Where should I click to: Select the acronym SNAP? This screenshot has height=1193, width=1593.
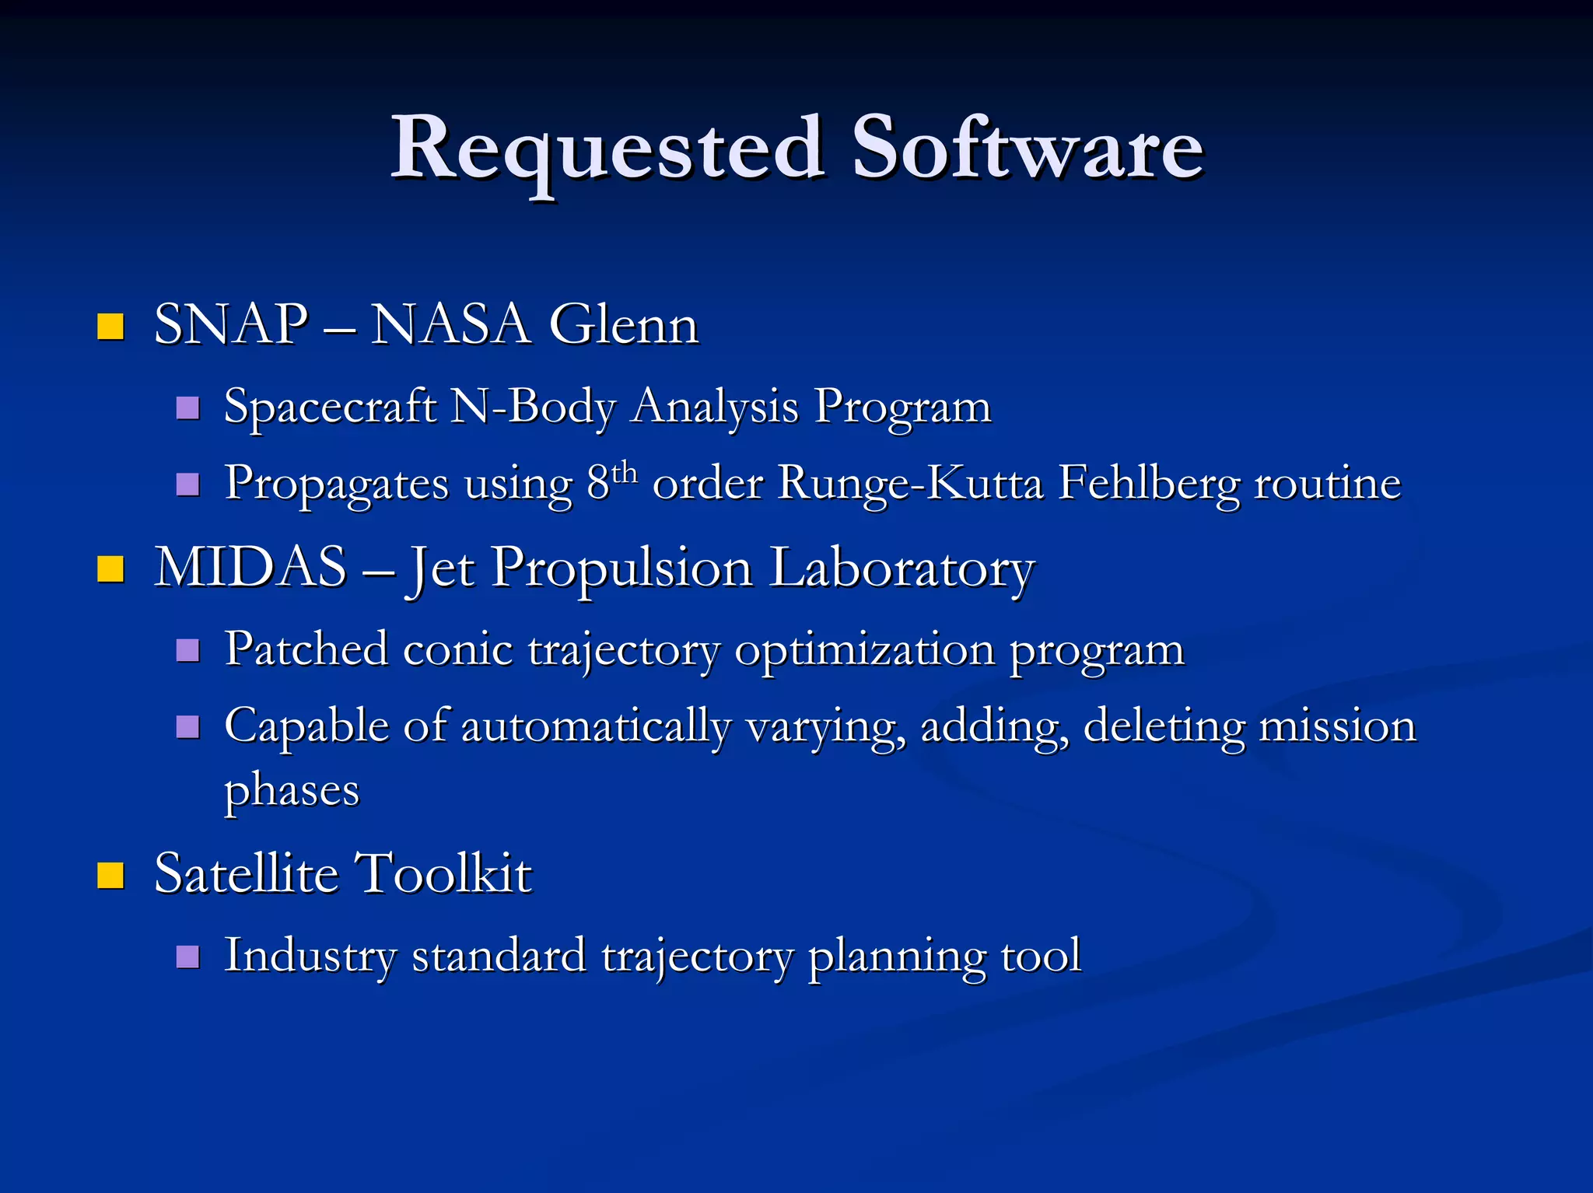click(x=231, y=325)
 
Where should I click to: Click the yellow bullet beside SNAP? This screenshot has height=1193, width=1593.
click(x=110, y=327)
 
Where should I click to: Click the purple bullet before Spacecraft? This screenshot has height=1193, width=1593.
click(x=187, y=408)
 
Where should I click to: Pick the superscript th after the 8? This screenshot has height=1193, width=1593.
click(x=624, y=471)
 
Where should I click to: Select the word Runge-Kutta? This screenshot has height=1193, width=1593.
click(x=910, y=484)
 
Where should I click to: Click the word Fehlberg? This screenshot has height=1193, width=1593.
click(x=1148, y=484)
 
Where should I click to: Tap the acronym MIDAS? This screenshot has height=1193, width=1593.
click(x=250, y=568)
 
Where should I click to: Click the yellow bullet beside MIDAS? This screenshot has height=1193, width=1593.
click(x=110, y=569)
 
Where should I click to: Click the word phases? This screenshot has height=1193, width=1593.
click(x=292, y=792)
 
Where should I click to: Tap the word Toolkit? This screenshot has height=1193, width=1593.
click(x=443, y=873)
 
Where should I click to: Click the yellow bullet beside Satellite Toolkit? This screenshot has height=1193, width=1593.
click(x=110, y=876)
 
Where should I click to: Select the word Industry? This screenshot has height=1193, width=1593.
click(x=310, y=956)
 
